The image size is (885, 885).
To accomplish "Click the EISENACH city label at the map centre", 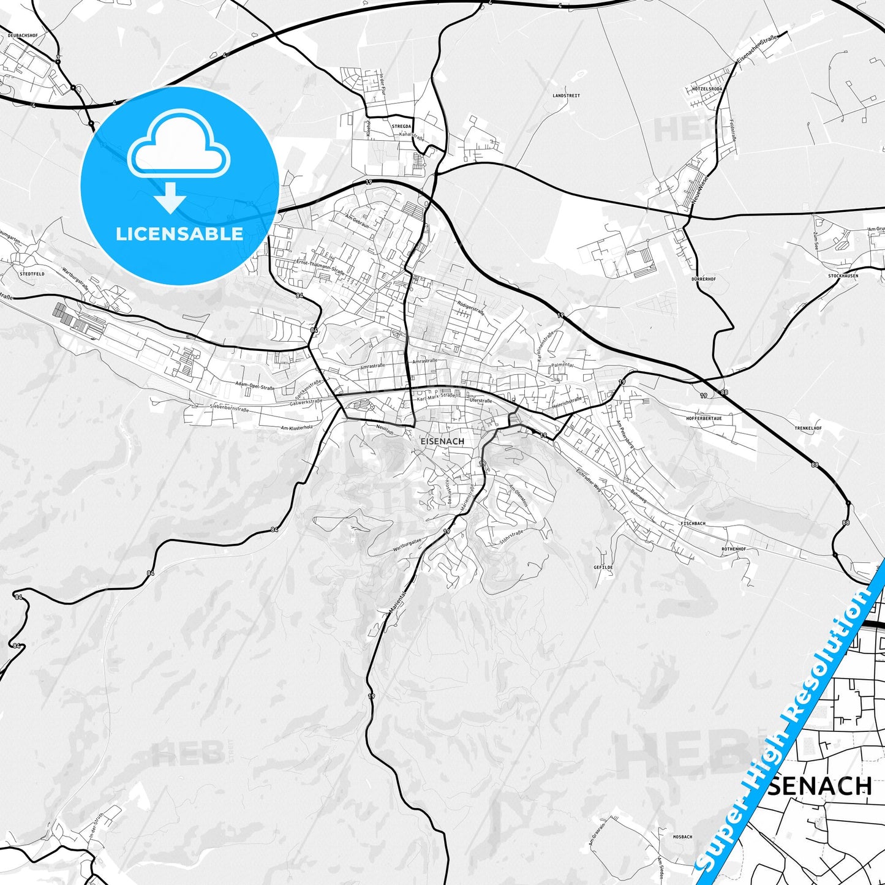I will [x=442, y=441].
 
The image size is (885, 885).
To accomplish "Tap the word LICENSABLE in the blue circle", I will [x=179, y=234].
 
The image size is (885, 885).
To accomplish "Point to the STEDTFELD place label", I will [x=32, y=274].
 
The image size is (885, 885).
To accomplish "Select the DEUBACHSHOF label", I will [x=23, y=36].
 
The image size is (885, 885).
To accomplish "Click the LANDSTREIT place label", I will [x=566, y=96].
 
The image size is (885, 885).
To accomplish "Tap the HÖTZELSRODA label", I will [x=707, y=89].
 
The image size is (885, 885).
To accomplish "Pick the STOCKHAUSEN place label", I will [x=843, y=276].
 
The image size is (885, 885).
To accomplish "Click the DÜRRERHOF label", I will [x=703, y=279].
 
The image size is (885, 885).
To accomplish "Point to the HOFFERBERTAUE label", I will [x=704, y=418].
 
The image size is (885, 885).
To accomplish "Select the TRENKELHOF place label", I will [x=808, y=428].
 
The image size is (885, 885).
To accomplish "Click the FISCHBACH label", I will [x=693, y=524].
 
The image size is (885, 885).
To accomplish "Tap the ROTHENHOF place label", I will [x=733, y=549].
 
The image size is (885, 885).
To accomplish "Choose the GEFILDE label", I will [x=603, y=567].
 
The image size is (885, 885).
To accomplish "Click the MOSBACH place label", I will [x=682, y=837].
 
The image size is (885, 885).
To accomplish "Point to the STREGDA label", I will [x=402, y=126].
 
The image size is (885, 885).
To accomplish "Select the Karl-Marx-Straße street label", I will [x=436, y=397].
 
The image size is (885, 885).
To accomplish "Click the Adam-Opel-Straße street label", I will [x=255, y=385].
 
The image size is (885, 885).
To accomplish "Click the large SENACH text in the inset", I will [x=819, y=786].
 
